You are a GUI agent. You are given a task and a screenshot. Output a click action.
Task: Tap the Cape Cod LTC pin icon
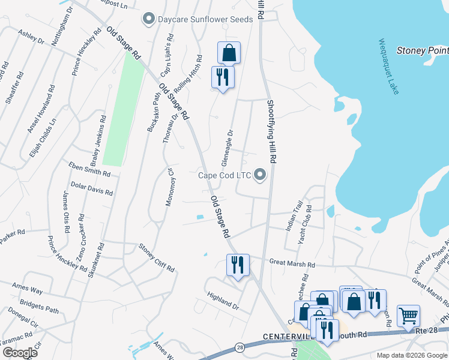pos(260,175)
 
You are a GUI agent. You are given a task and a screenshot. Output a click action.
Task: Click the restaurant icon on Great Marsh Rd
pos(238,264)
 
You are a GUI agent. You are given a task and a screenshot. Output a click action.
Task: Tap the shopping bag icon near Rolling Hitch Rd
pos(229,53)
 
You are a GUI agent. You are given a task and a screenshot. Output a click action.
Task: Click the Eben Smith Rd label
pos(89,169)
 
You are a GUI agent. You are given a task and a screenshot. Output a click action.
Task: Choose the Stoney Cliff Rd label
pos(156,257)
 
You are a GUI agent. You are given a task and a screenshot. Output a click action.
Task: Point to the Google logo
pos(20,352)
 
